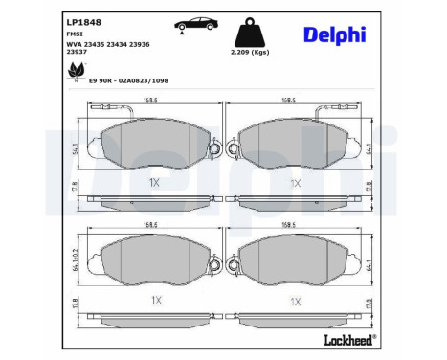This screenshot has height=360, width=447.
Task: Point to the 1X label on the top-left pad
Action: [154, 181]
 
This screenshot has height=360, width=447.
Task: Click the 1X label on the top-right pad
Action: [296, 181]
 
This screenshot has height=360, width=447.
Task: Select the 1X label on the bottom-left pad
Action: [154, 300]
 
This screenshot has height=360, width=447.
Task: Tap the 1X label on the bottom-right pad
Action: [296, 300]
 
